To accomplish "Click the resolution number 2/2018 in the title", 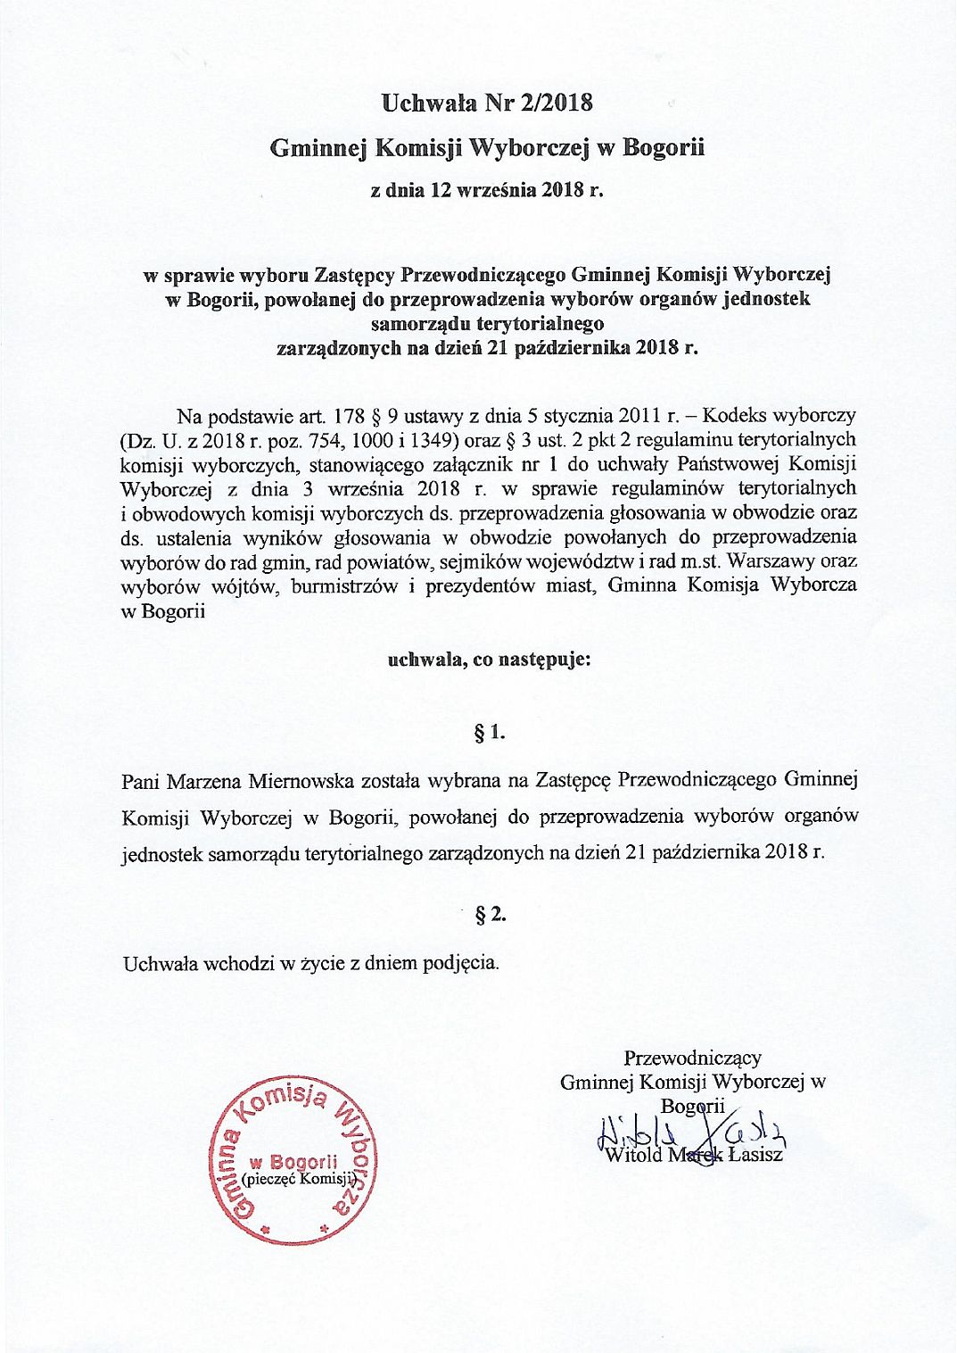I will point(553,103).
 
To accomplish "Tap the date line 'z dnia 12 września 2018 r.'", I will point(487,189).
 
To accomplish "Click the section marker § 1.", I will point(490,733).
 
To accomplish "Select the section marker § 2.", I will point(490,914).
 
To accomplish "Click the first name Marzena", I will point(202,780).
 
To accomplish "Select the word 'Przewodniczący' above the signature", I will point(692,1058).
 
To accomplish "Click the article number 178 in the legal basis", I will point(350,416).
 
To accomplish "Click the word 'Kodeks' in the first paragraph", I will point(734,416).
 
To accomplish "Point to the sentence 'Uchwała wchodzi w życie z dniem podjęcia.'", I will point(311,963).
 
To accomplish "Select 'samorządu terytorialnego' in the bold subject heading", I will point(487,323).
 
